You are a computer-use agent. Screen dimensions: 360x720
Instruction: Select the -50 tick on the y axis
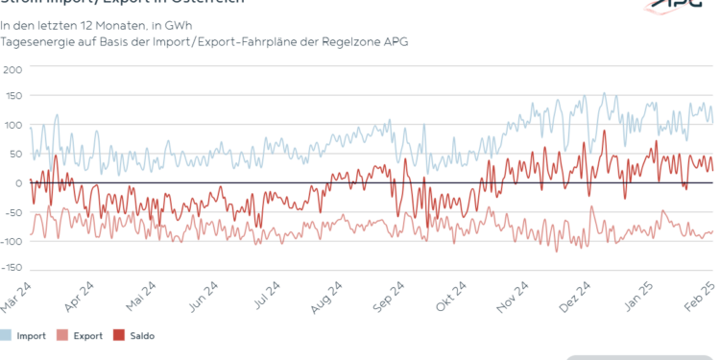click(x=12, y=211)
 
